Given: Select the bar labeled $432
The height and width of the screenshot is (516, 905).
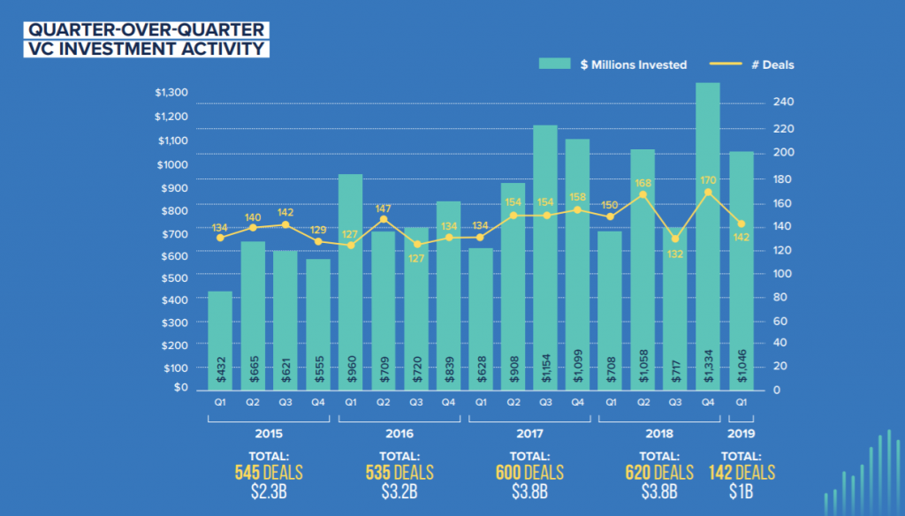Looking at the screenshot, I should [220, 340].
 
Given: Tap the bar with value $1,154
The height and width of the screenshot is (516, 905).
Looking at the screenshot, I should [545, 257].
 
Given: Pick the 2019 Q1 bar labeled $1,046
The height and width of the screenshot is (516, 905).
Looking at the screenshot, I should [741, 270].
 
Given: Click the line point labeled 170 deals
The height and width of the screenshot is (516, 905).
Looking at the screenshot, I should [708, 192].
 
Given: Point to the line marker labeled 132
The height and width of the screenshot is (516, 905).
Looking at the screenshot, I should [675, 239].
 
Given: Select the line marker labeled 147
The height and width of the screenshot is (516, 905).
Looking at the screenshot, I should [383, 219].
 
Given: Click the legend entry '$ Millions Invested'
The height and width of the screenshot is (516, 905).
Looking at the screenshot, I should [612, 64].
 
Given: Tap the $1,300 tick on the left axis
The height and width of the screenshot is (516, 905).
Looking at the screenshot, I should [170, 93].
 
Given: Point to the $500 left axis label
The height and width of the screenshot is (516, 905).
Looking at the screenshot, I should [172, 277].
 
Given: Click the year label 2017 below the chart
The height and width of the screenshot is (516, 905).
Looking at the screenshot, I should [529, 435].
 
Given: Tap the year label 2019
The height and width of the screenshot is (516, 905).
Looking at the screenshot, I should [741, 435].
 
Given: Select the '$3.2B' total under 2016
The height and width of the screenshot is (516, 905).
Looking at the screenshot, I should [399, 492].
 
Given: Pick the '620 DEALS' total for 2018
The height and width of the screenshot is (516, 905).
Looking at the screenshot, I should [658, 472].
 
